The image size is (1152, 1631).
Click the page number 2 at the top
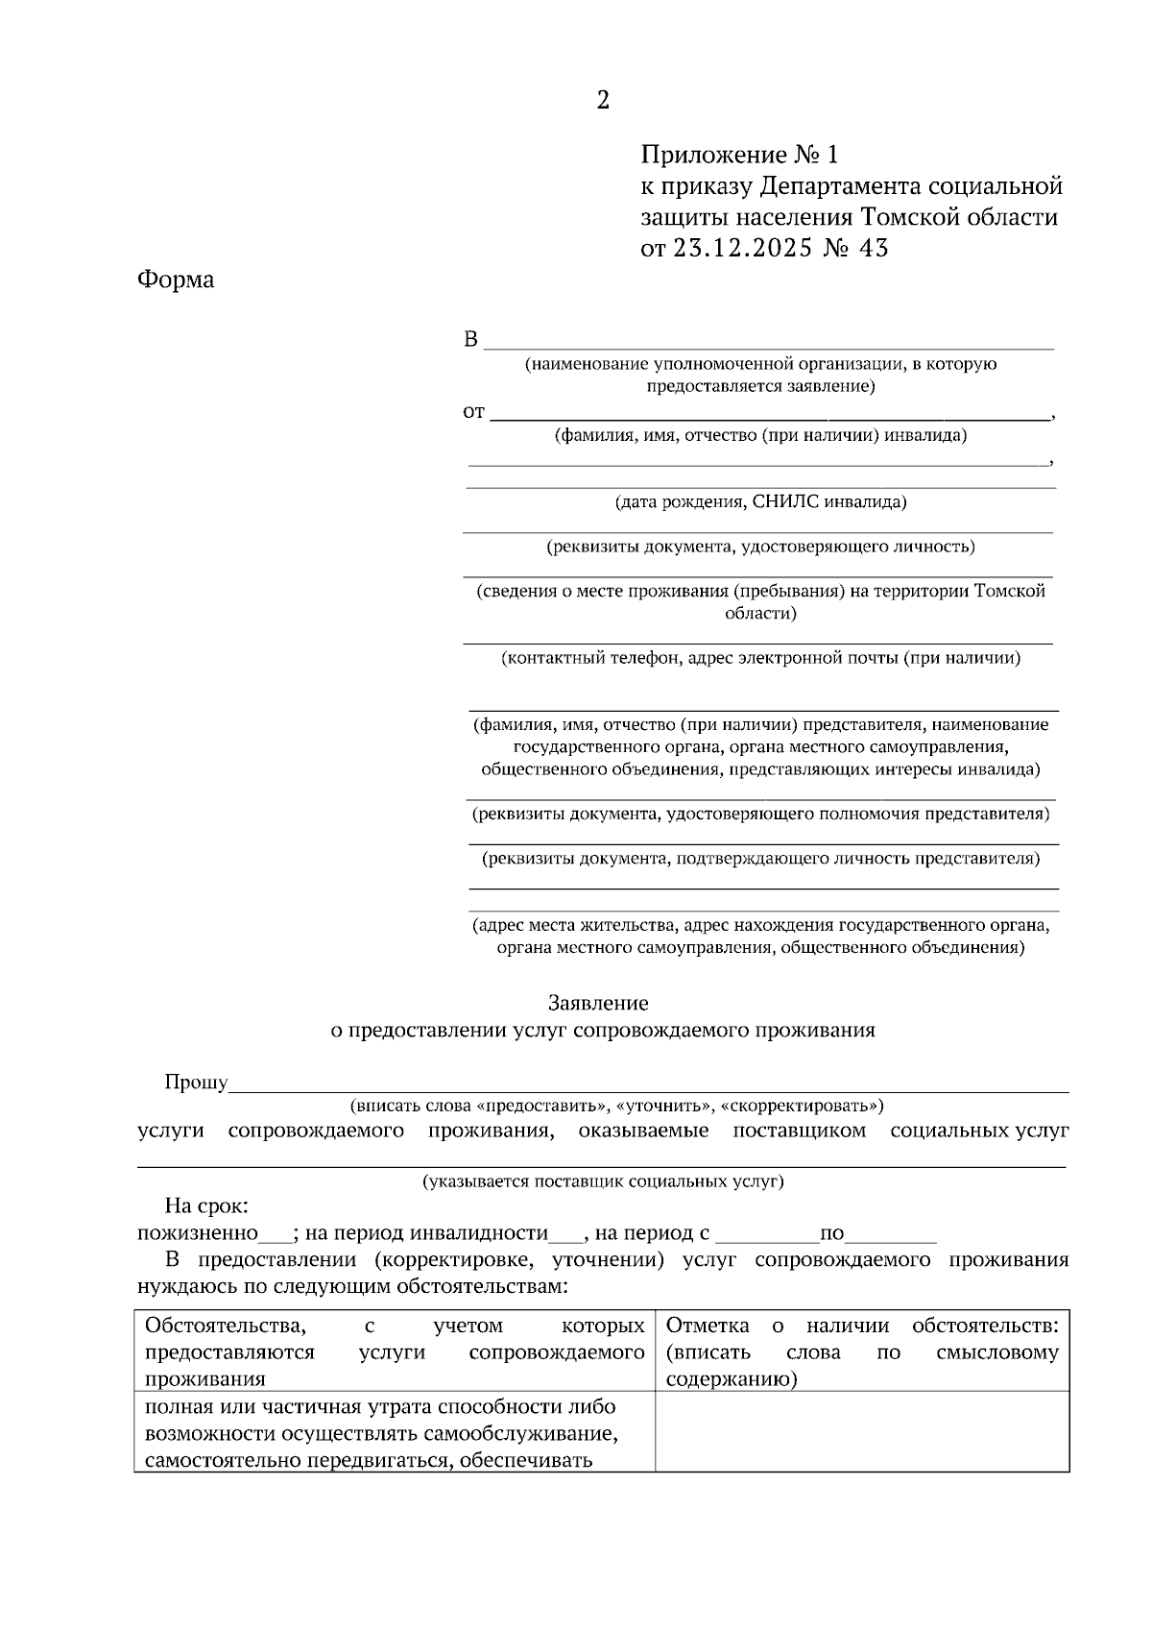(603, 101)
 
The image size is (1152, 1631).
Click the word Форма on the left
(176, 280)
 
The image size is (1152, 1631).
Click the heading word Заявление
(598, 1003)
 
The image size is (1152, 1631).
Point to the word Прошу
(196, 1083)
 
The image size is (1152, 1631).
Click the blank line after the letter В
(768, 344)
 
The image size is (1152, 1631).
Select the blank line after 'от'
(768, 415)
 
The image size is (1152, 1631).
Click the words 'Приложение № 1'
(739, 155)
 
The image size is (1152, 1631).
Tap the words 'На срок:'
(206, 1206)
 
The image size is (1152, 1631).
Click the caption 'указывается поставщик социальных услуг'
(603, 1182)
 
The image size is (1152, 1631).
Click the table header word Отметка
(708, 1327)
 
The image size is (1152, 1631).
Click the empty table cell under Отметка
(861, 1431)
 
